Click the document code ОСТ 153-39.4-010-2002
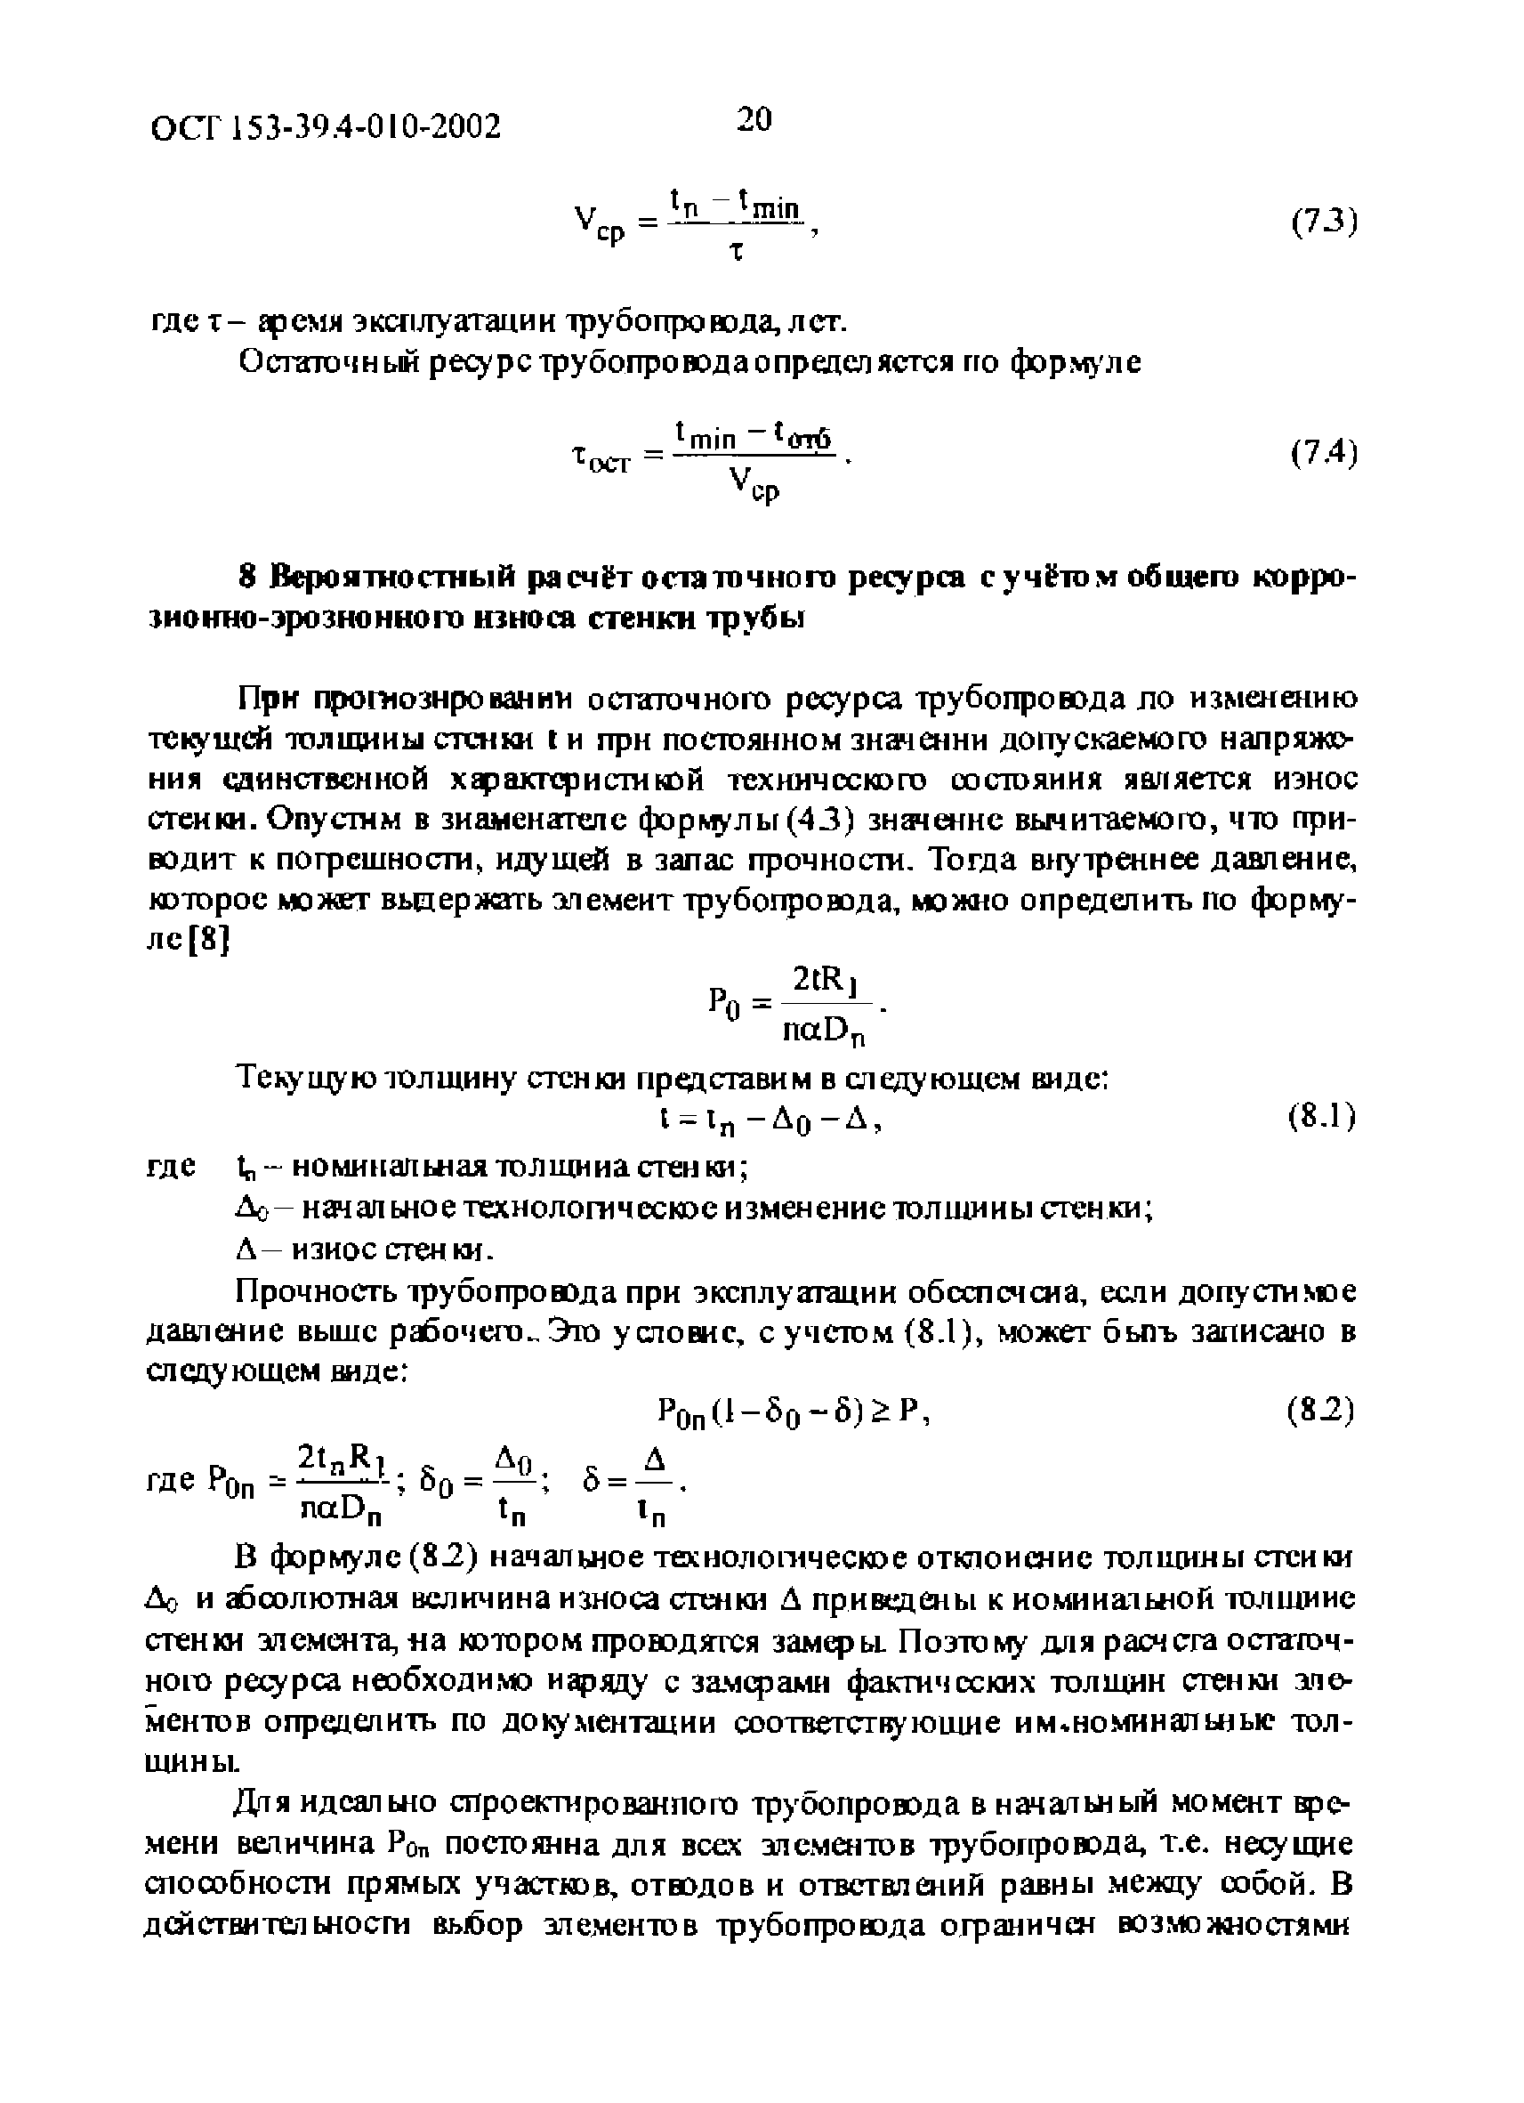pos(326,126)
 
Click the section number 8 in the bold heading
pos(246,577)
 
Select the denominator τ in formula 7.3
pos(738,250)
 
